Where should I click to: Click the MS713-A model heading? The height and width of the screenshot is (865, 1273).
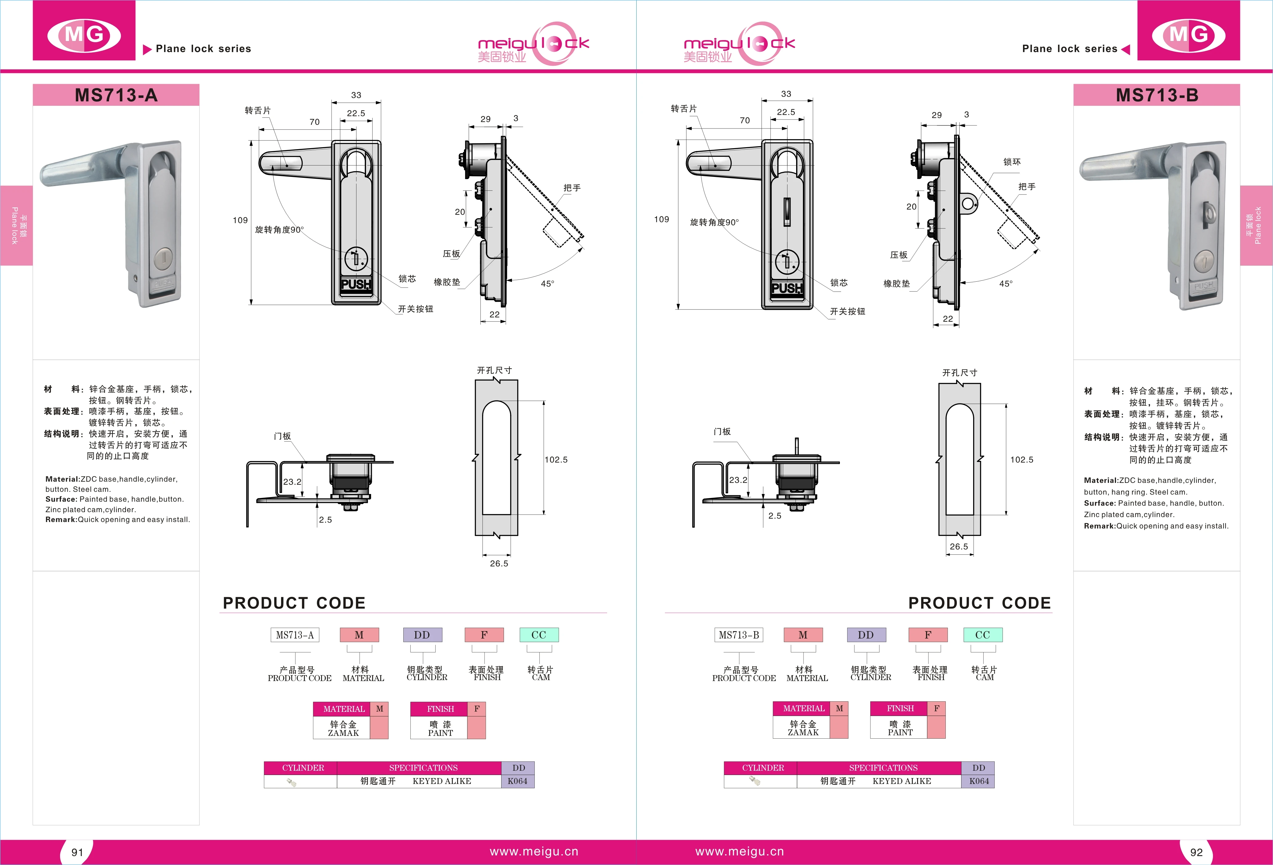[116, 96]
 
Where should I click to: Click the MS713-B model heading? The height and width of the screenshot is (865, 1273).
[1157, 96]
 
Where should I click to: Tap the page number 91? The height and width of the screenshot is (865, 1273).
[77, 852]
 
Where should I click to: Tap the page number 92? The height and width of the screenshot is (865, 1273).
[1196, 852]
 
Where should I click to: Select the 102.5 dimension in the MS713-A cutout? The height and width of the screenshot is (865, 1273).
[556, 460]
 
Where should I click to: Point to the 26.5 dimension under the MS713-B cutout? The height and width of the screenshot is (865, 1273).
[959, 546]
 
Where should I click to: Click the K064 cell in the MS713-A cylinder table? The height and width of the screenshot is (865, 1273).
[517, 781]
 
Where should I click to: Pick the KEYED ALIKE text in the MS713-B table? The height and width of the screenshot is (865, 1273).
[902, 781]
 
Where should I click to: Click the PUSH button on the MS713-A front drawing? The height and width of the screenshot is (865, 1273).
[356, 284]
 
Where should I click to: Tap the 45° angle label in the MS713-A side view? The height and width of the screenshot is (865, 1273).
[547, 284]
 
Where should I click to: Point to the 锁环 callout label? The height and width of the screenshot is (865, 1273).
[1012, 162]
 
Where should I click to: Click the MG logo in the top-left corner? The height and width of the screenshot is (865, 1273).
[84, 35]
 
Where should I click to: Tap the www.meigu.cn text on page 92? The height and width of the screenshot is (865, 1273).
[739, 851]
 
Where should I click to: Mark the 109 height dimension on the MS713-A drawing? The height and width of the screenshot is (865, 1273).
[240, 220]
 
